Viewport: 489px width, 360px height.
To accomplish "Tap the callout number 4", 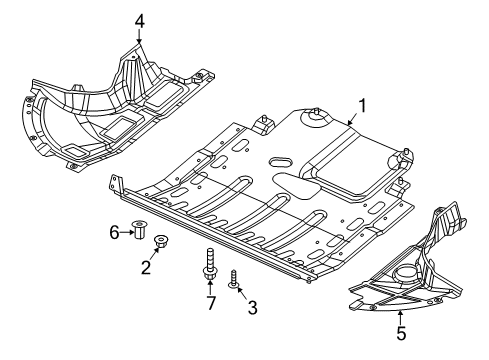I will (139, 19).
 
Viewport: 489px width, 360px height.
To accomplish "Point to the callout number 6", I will (115, 233).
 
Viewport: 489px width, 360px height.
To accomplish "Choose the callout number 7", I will (211, 302).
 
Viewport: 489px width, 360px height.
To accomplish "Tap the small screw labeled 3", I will (232, 277).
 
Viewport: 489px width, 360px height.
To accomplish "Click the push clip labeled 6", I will (139, 233).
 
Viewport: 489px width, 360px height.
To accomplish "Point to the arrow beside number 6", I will (127, 233).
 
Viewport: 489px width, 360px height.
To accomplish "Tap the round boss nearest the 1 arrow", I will (317, 118).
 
